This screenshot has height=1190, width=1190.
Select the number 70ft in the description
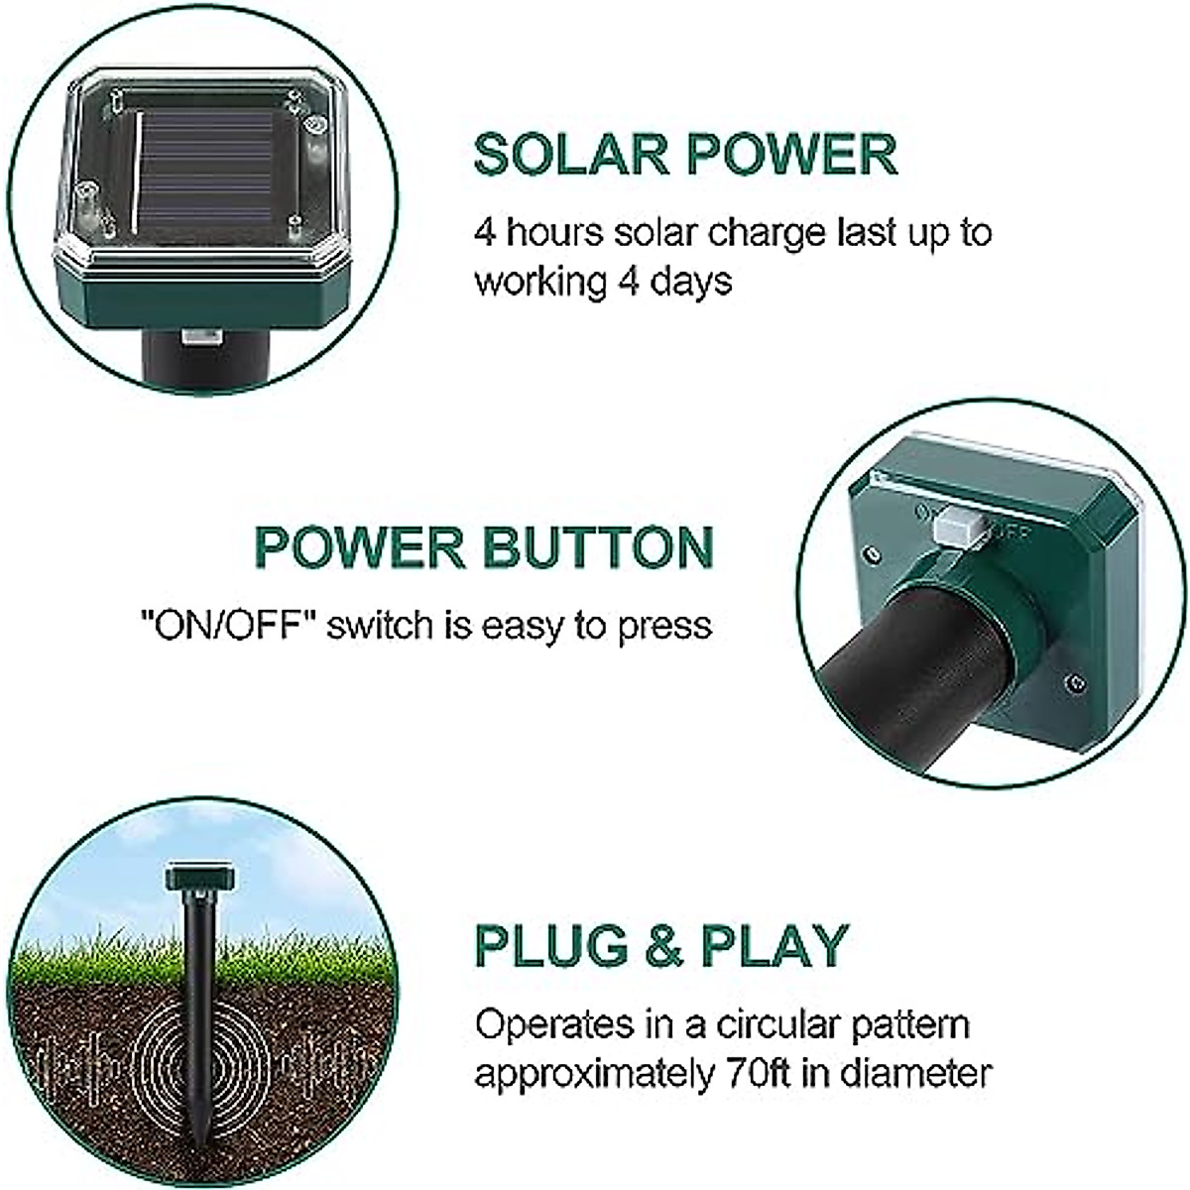click(758, 1072)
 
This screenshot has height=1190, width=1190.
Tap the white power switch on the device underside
click(956, 527)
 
